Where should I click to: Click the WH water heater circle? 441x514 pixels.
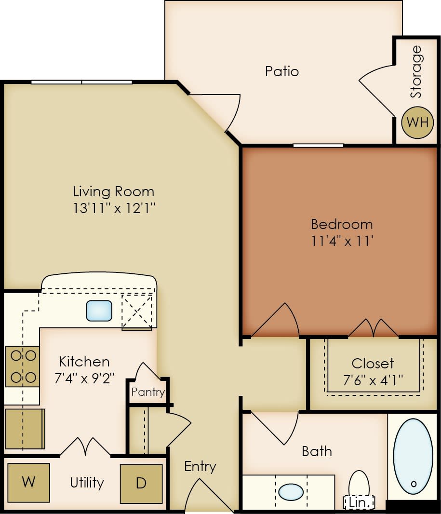(417, 122)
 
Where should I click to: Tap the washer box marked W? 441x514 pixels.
(29, 483)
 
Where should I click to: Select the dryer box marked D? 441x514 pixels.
(141, 484)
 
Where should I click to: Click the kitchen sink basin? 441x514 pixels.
(99, 311)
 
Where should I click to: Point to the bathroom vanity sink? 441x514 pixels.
(291, 492)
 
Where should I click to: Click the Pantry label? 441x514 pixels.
(148, 392)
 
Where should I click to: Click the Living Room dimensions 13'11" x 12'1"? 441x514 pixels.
(114, 208)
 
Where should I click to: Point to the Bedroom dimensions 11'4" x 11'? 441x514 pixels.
(342, 241)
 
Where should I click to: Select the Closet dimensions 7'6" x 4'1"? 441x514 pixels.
(373, 379)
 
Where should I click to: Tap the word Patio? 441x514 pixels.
(282, 71)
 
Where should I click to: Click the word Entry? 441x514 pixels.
(200, 466)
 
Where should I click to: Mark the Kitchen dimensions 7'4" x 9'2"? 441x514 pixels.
(84, 378)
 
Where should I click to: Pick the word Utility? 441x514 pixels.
(87, 483)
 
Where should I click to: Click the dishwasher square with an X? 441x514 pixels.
(137, 311)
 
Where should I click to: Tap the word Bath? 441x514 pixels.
(317, 451)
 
